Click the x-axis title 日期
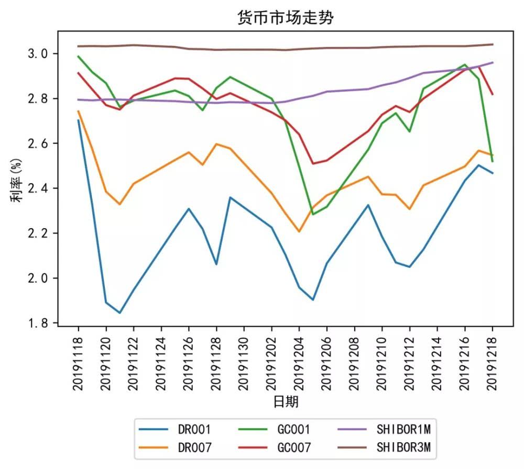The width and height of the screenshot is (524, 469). tap(286, 401)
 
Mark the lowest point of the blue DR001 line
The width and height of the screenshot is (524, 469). tap(120, 312)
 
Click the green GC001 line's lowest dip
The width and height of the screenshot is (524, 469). tap(313, 214)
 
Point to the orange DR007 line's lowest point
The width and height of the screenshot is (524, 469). tap(299, 231)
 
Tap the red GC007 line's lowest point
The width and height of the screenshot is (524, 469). tap(313, 163)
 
